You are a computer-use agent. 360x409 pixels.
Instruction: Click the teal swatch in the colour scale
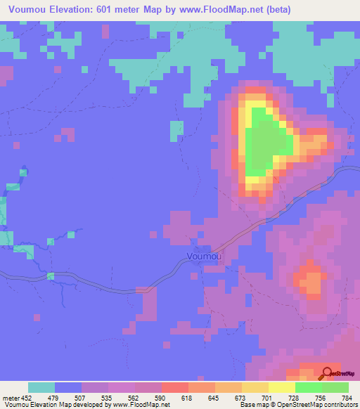41,387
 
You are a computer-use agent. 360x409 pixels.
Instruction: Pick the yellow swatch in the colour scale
282,387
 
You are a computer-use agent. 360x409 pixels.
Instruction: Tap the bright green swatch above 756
309,387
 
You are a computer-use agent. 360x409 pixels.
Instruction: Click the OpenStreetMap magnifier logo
327,373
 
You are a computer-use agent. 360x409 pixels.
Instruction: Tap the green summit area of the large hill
264,141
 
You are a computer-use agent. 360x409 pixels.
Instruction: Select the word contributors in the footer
340,404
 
